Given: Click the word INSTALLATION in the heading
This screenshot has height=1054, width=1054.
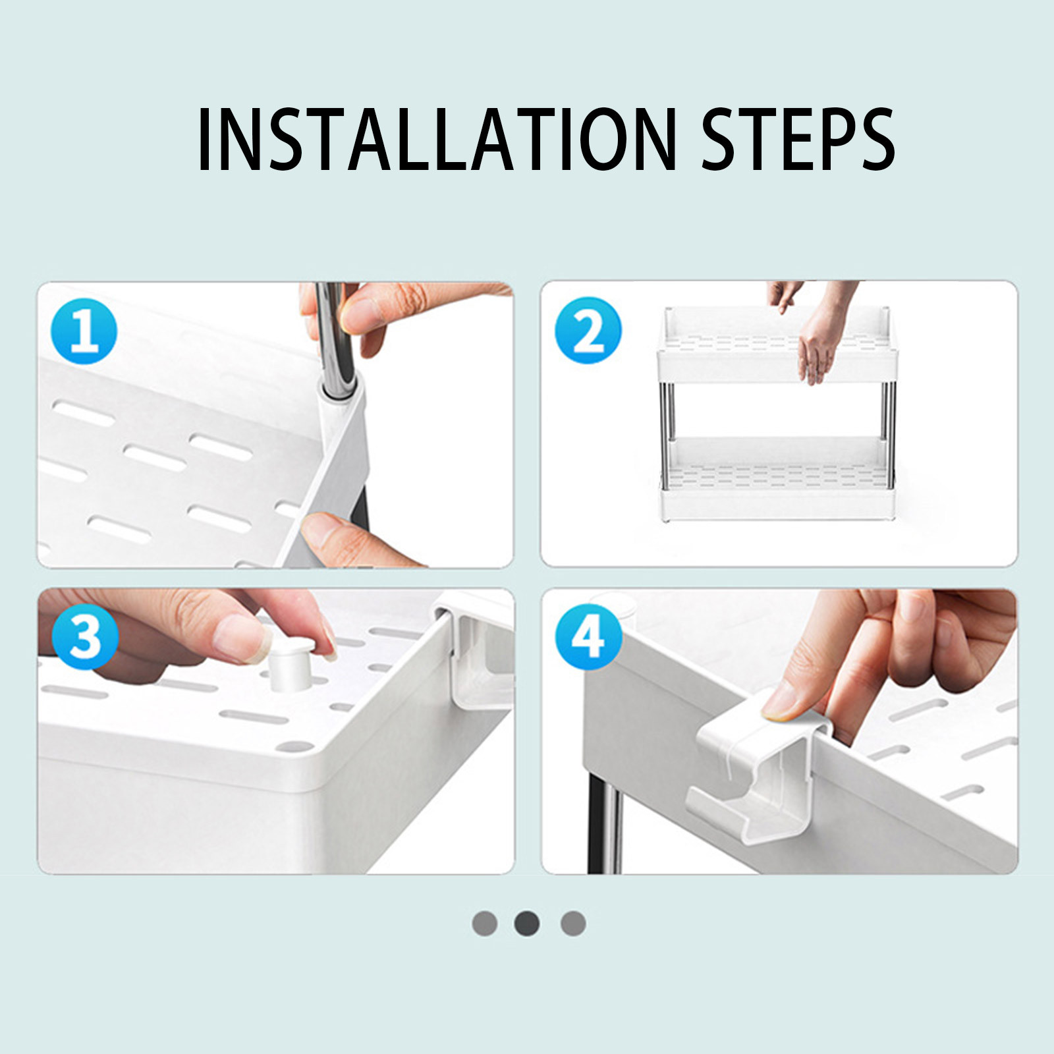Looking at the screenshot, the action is tap(437, 139).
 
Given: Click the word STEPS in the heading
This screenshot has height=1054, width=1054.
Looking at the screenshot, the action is tap(798, 139).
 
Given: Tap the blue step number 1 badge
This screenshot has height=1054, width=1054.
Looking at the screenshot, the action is tap(84, 331).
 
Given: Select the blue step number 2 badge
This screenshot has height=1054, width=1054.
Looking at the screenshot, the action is tap(588, 330).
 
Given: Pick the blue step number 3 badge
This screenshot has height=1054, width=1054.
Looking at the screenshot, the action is tap(85, 636).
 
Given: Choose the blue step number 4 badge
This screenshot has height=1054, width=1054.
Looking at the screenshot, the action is tap(588, 637).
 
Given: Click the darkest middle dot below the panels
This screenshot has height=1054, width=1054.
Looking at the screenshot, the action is tap(527, 923).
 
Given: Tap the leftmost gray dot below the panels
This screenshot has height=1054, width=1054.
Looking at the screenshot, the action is tap(485, 923).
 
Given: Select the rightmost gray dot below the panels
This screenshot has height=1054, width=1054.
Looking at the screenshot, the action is tap(573, 923).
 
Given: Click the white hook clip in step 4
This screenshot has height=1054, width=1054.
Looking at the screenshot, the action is tap(758, 764).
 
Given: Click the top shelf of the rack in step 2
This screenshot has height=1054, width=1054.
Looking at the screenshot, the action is tap(777, 346).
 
